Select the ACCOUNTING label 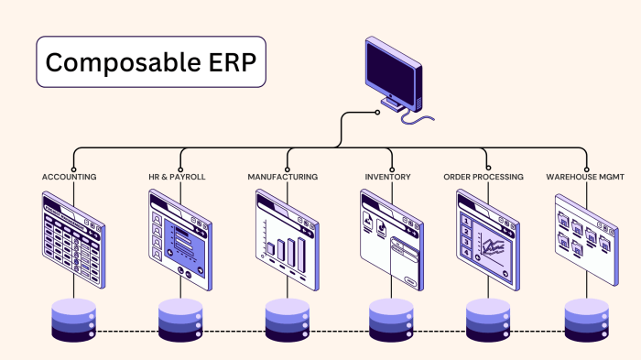tap(70, 176)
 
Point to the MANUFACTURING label tap(284, 176)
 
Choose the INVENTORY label tap(389, 176)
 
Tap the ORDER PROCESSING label tap(483, 176)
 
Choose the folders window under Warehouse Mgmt tap(587, 235)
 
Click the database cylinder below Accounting tap(74, 321)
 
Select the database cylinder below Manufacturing tap(288, 321)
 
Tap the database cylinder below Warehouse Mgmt tap(587, 321)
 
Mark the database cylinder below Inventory tap(392, 321)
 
